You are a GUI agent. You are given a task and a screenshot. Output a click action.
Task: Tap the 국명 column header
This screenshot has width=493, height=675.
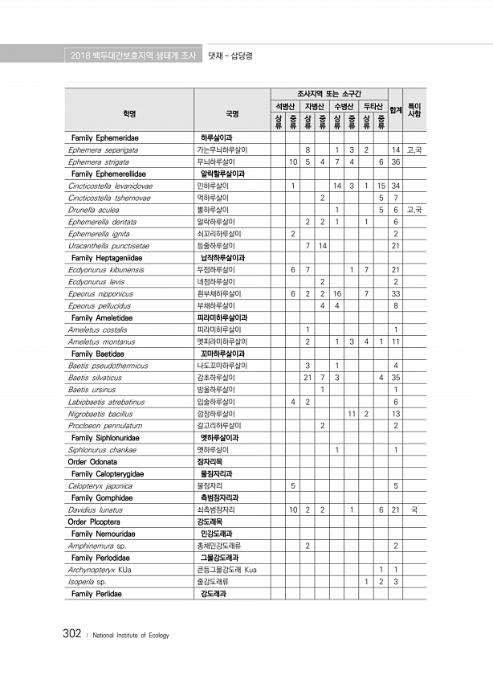click(x=232, y=112)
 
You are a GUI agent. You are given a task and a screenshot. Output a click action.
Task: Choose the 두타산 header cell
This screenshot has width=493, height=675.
click(x=373, y=106)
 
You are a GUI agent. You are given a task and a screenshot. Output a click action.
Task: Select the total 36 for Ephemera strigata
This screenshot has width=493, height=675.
click(x=396, y=162)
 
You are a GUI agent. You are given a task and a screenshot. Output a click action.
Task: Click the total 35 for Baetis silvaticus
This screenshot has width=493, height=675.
click(x=396, y=378)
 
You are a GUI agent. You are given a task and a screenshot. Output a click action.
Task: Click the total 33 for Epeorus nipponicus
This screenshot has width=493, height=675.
click(x=396, y=293)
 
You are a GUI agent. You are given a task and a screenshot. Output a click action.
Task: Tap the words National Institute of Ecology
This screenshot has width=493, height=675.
click(x=132, y=636)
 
